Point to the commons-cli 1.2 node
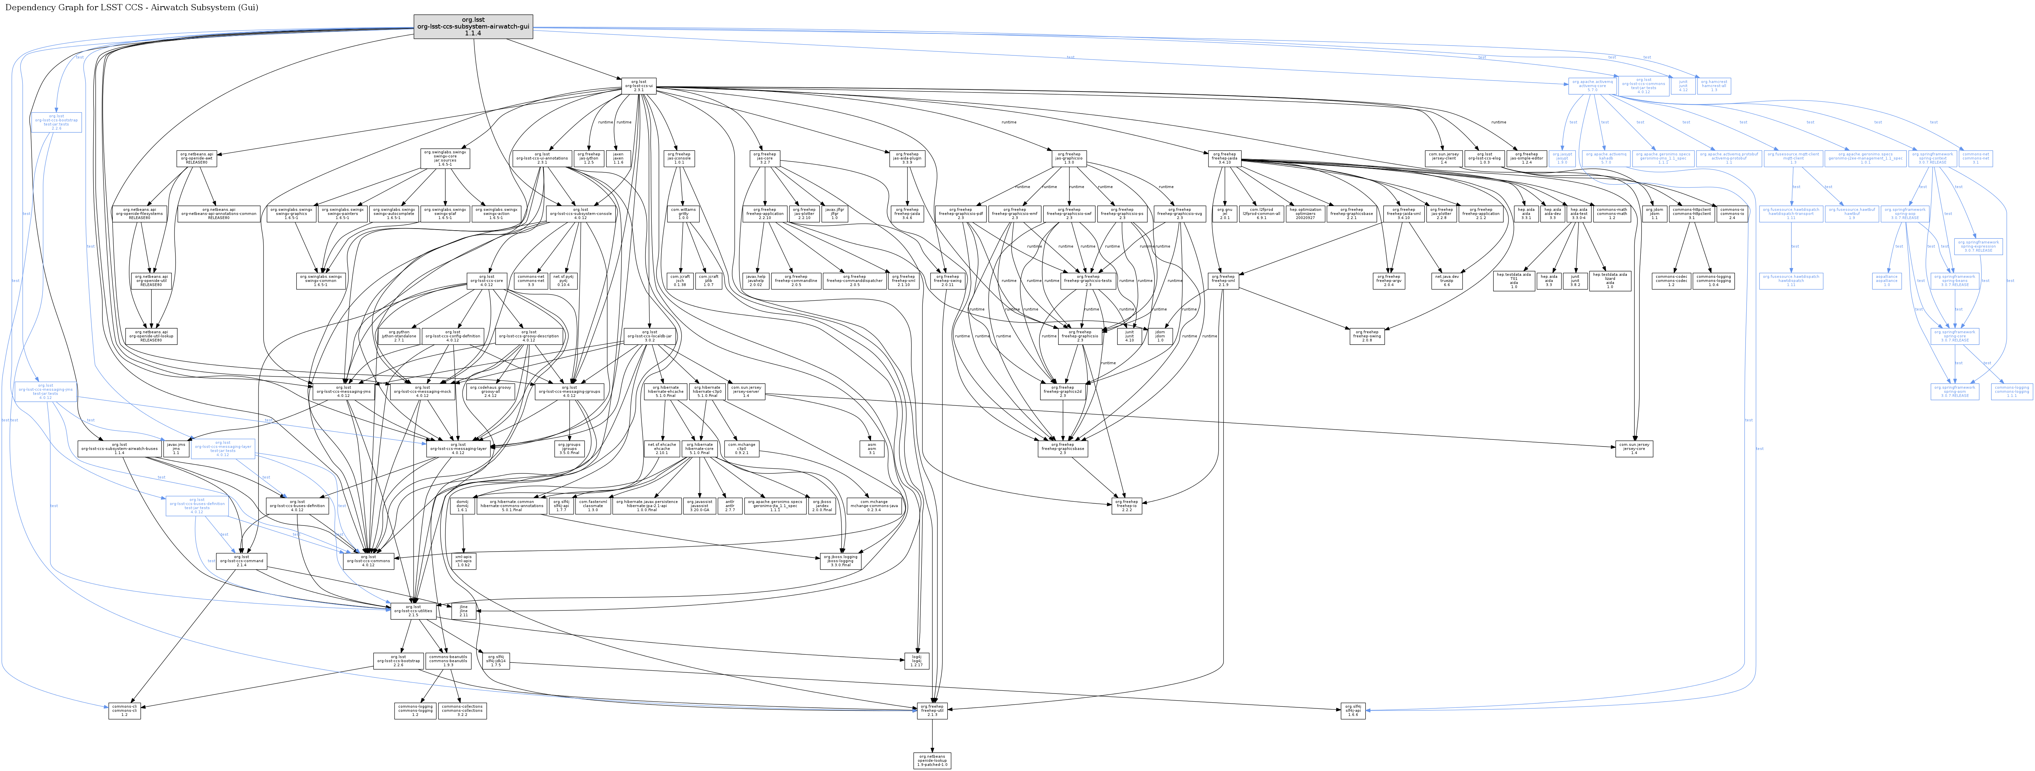[x=124, y=710]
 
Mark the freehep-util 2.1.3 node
[x=932, y=710]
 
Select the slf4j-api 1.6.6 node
[x=1352, y=710]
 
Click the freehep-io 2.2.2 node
[x=1127, y=506]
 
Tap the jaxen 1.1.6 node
[x=618, y=158]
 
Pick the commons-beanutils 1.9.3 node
[x=448, y=660]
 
